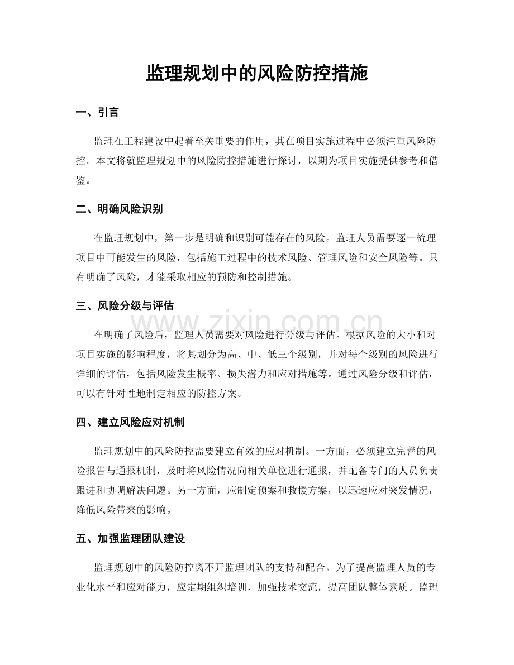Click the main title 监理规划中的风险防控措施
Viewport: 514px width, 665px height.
(x=257, y=73)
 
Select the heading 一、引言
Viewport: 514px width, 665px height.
(x=97, y=113)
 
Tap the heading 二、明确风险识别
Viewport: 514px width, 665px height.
(x=120, y=209)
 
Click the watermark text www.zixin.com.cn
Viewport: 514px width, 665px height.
(x=258, y=323)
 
